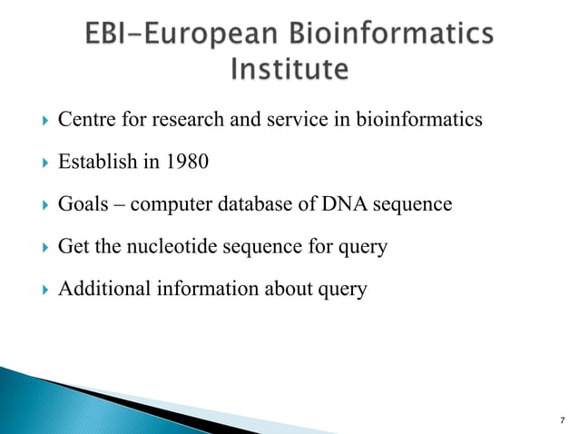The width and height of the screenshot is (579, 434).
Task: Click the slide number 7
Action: click(x=563, y=420)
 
